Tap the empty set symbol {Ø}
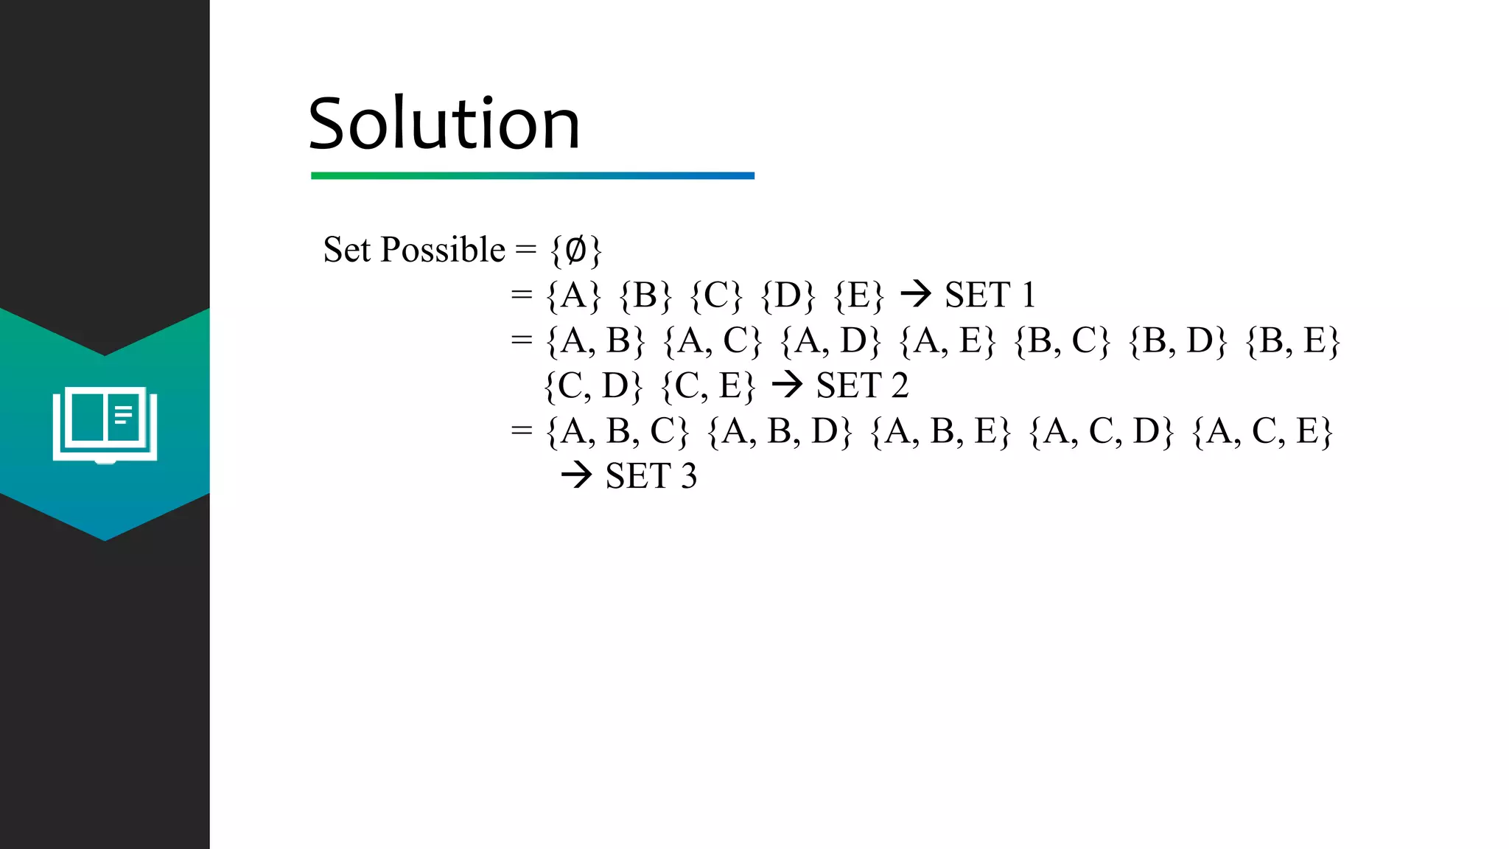[x=575, y=251]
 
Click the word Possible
[x=443, y=250]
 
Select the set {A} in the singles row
[x=573, y=296]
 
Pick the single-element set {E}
[x=858, y=296]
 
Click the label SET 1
[x=990, y=296]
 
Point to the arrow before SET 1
[x=916, y=295]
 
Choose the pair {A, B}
[x=595, y=341]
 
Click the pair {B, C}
[x=1062, y=341]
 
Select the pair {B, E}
[x=1292, y=341]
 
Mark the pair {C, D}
[x=593, y=386]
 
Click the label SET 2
[x=862, y=386]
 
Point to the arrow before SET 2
[x=787, y=385]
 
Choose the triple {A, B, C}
[x=617, y=432]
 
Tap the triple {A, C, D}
[x=1101, y=432]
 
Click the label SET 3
[x=651, y=477]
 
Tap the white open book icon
[x=105, y=424]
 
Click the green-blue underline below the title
[x=533, y=175]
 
